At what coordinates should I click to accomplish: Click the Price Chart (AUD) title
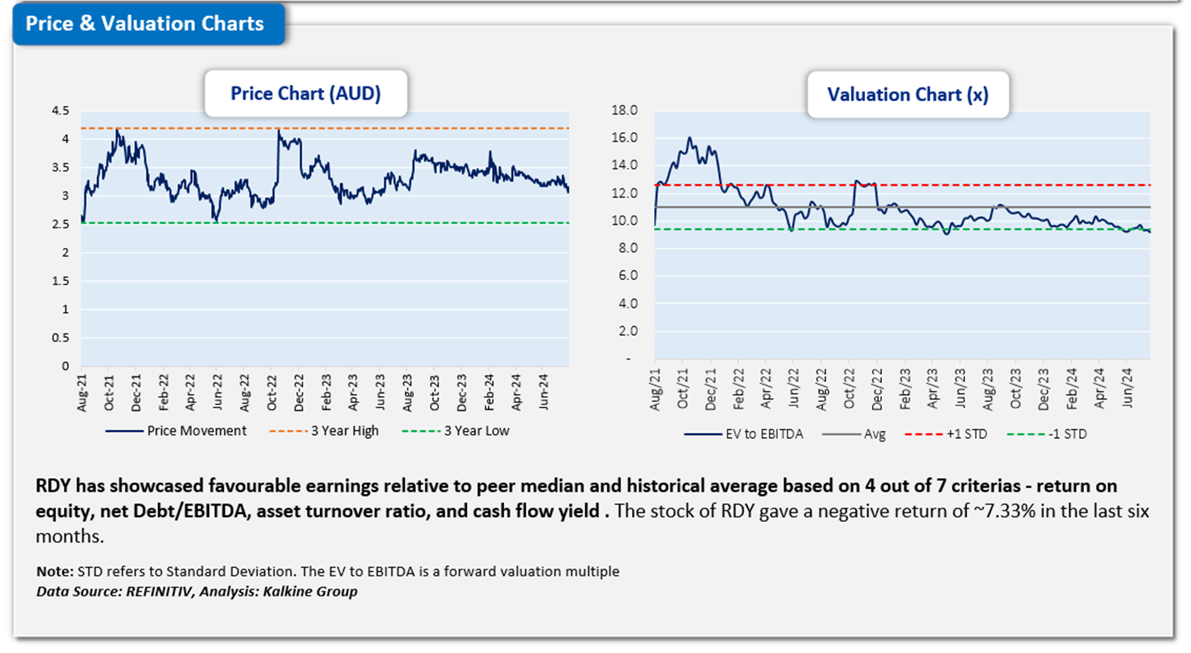[x=305, y=93]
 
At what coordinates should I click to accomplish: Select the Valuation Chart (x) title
[x=908, y=95]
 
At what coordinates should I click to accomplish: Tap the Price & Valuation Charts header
[x=145, y=23]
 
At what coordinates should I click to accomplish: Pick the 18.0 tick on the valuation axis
[x=624, y=110]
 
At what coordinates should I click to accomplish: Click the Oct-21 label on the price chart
[x=109, y=391]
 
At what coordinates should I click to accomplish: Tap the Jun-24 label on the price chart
[x=543, y=391]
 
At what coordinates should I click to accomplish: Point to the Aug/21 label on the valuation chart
[x=655, y=390]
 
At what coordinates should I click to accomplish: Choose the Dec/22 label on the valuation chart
[x=877, y=390]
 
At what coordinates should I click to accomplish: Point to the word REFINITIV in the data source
[x=159, y=591]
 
